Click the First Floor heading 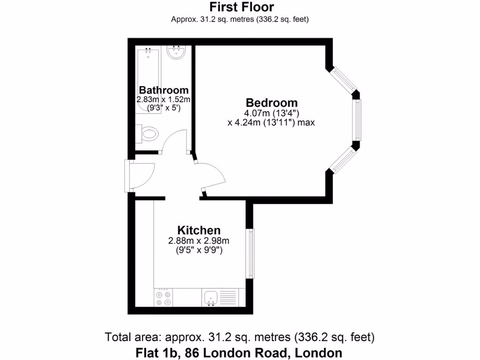pyautogui.click(x=241, y=7)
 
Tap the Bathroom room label pyautogui.click(x=164, y=90)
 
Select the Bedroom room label pyautogui.click(x=272, y=103)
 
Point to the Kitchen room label pyautogui.click(x=199, y=230)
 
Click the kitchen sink pyautogui.click(x=210, y=297)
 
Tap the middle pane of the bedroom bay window pyautogui.click(x=358, y=120)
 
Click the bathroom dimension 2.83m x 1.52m pyautogui.click(x=164, y=99)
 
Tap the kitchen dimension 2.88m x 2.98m pyautogui.click(x=199, y=241)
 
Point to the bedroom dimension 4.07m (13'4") pyautogui.click(x=272, y=113)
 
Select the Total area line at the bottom pyautogui.click(x=240, y=337)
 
